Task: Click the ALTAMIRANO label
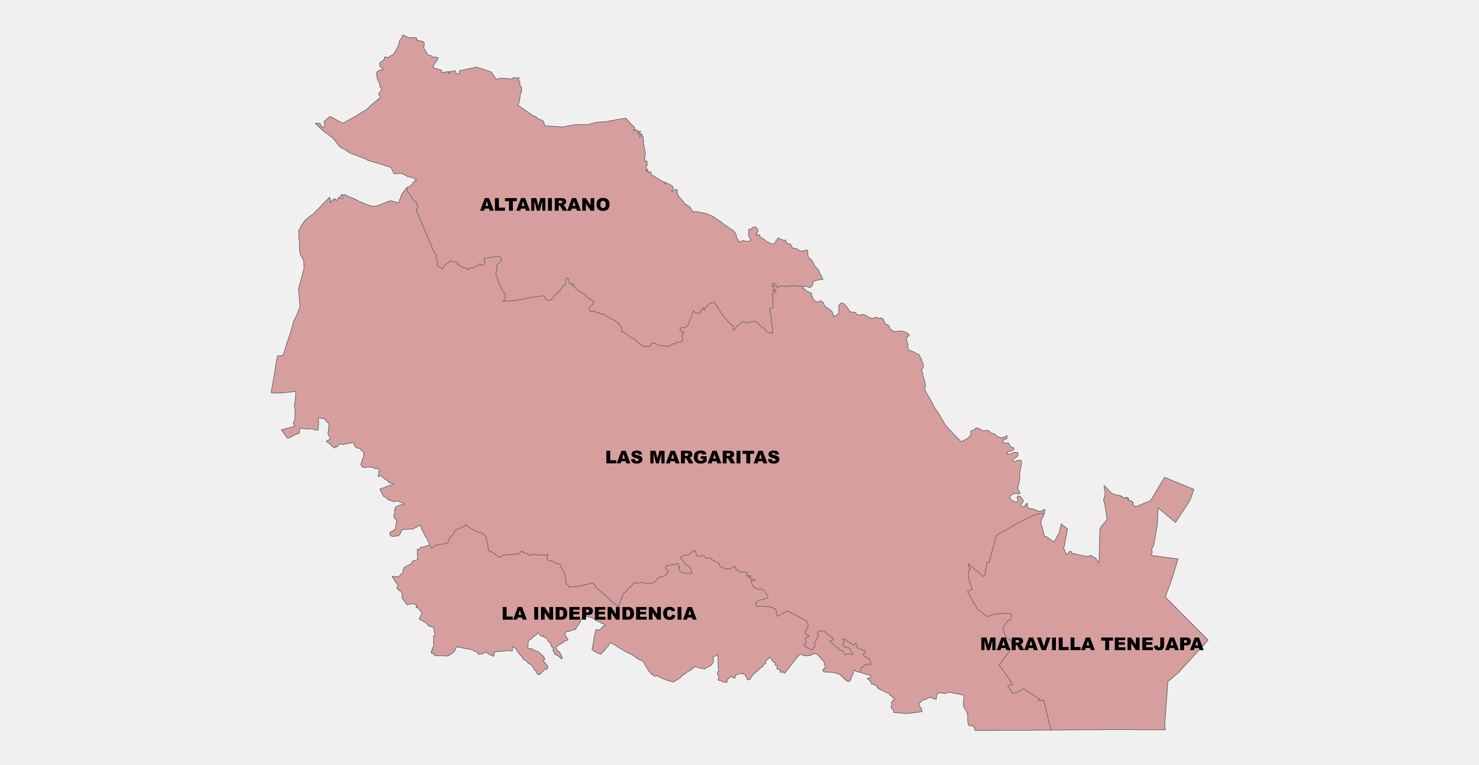[x=545, y=205]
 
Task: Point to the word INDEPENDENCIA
[x=614, y=613]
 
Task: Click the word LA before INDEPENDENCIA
[x=514, y=613]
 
